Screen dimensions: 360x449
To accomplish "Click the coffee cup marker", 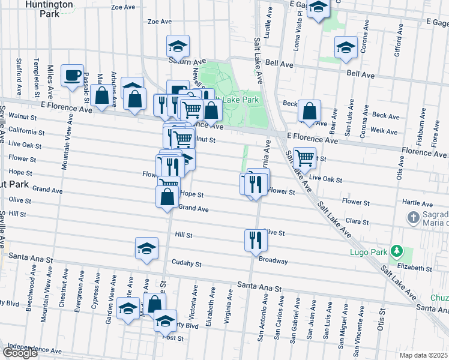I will [72, 76].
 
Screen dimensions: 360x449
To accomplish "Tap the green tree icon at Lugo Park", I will [396, 250].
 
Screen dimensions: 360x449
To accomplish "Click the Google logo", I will [20, 353].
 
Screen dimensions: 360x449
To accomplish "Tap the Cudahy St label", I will [186, 263].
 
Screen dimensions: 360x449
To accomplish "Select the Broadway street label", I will [273, 261].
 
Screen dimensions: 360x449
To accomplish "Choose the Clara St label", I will [357, 221].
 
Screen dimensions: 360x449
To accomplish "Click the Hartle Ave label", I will [418, 203].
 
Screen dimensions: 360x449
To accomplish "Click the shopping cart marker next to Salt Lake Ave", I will [305, 158].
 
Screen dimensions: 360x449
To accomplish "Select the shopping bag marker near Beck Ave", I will [309, 111].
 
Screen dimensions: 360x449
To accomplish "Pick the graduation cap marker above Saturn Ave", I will [178, 46].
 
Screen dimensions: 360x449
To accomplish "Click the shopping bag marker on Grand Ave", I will [167, 196].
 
